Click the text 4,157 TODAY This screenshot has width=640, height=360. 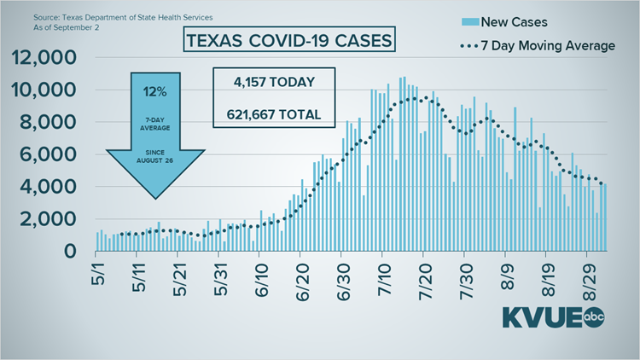click(274, 83)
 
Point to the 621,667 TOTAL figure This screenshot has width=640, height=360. click(274, 114)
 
